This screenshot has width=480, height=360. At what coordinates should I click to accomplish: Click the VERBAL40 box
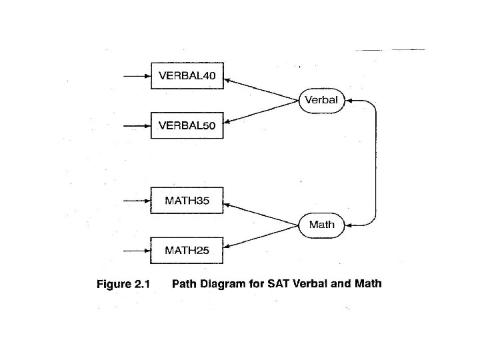187,76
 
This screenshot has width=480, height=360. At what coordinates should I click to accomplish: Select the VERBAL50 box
187,125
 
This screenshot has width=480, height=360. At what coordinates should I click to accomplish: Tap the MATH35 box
187,201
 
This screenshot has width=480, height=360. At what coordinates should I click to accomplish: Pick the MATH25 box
187,251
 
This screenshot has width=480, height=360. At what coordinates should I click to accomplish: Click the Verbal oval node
321,101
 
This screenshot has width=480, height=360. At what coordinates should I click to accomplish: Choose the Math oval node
321,225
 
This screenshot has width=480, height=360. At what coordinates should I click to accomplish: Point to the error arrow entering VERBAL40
137,76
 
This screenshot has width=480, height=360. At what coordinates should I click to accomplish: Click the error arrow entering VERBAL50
137,125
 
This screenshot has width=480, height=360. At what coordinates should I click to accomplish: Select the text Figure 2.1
123,285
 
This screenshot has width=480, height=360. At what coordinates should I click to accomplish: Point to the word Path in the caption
184,284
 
